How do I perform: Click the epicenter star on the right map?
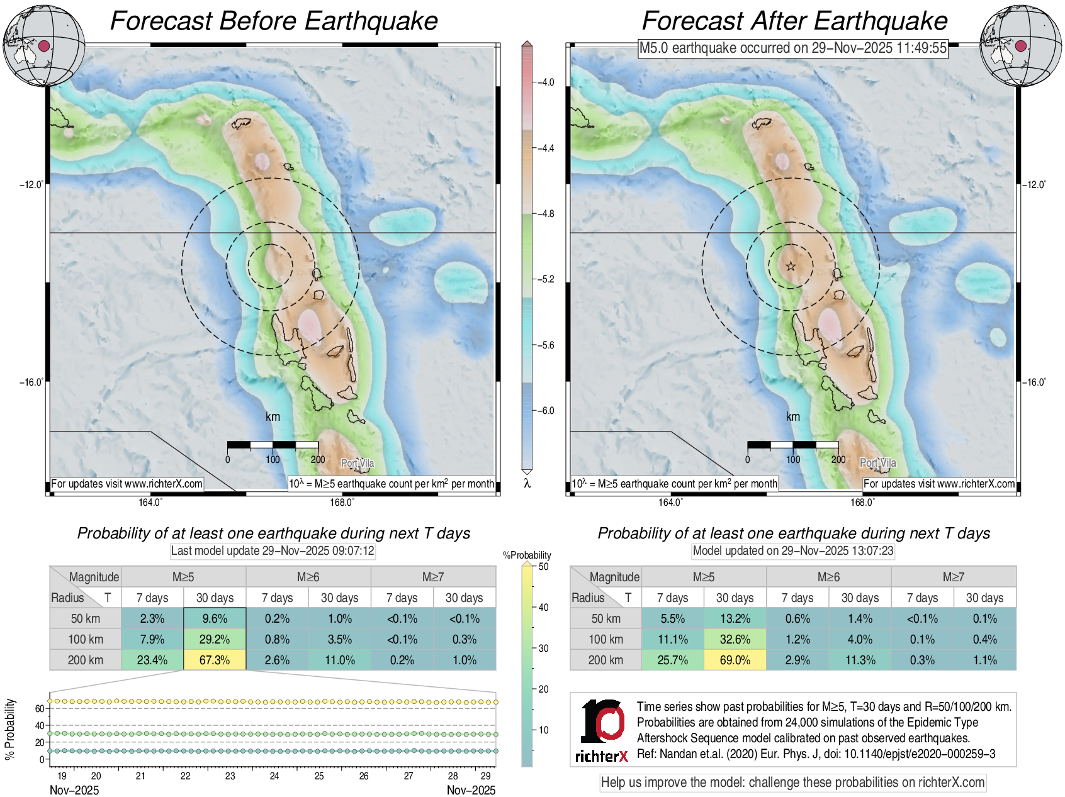click(x=791, y=266)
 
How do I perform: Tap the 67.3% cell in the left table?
click(x=215, y=660)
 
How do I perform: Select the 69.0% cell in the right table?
click(x=735, y=660)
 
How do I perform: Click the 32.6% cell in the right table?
click(x=735, y=639)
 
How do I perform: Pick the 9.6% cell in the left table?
click(x=215, y=618)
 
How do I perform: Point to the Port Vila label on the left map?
click(x=358, y=463)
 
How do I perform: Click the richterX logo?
click(x=602, y=730)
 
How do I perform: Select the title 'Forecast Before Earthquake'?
click(x=274, y=21)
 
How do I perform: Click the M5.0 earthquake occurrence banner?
click(x=792, y=48)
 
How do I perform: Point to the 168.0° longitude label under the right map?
click(x=862, y=502)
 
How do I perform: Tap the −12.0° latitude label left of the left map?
click(x=31, y=185)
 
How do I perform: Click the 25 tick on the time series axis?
click(x=319, y=776)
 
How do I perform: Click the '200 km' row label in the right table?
click(x=606, y=660)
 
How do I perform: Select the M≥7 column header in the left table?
click(x=433, y=577)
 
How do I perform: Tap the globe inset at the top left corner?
click(x=43, y=45)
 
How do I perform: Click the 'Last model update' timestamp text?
click(x=273, y=551)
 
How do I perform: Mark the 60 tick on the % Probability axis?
click(x=40, y=708)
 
